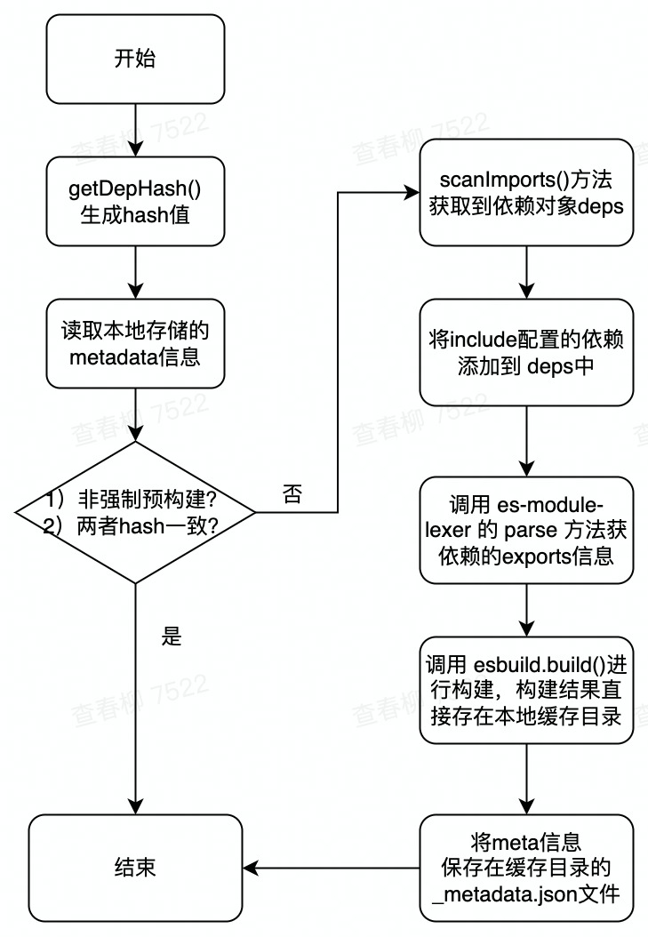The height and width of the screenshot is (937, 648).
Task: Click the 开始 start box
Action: (135, 59)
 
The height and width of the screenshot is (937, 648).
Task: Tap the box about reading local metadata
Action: (135, 342)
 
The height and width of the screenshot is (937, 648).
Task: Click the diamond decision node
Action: (135, 512)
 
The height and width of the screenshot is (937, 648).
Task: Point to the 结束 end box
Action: (135, 867)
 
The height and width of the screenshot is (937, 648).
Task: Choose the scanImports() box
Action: (527, 192)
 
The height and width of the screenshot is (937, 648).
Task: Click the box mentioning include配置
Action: (527, 353)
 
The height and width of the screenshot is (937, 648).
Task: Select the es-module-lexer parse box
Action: (527, 530)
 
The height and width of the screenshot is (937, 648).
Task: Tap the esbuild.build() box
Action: (527, 690)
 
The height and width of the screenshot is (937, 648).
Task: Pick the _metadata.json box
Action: (527, 867)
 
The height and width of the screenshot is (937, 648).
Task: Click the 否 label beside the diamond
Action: (292, 495)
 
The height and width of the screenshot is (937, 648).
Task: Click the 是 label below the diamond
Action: (172, 637)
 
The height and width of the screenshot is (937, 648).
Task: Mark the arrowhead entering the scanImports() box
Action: (412, 192)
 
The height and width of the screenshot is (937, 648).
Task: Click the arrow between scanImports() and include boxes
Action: (527, 272)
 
